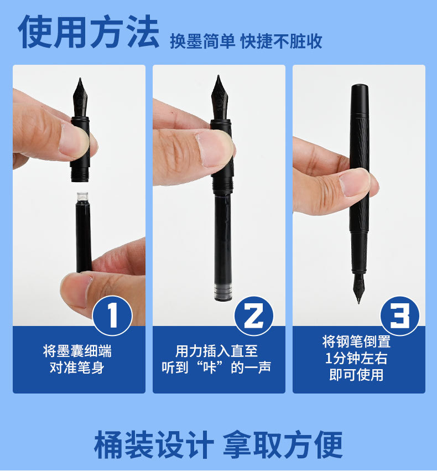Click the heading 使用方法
[x=89, y=32]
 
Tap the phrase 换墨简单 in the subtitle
[x=202, y=41]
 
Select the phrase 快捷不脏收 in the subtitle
[x=281, y=41]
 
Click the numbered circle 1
[x=112, y=315]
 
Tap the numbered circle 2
[x=253, y=316]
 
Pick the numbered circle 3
[x=400, y=316]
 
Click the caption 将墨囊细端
[x=77, y=351]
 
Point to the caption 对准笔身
[x=77, y=368]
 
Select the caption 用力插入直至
[x=216, y=351]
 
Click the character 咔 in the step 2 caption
[x=210, y=368]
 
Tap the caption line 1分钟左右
[x=356, y=358]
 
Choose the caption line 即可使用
[x=356, y=375]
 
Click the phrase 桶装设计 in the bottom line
[x=154, y=444]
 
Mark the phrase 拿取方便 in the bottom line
[x=283, y=444]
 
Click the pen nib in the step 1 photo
[x=80, y=97]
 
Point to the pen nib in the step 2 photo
[x=220, y=97]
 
